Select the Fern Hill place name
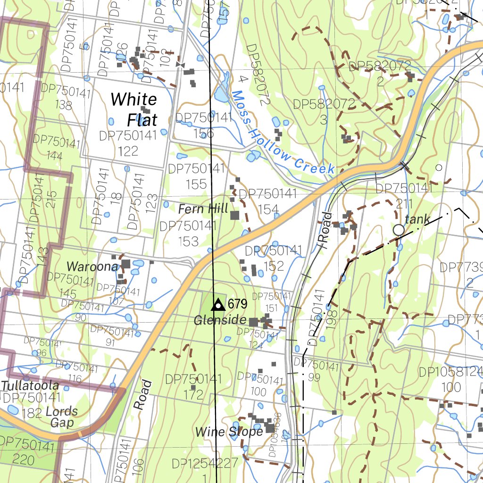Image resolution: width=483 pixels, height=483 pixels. (x=203, y=208)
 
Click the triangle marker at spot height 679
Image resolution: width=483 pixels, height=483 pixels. (x=217, y=305)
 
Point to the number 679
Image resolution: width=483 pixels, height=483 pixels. (x=237, y=304)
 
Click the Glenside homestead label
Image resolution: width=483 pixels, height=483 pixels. (x=220, y=321)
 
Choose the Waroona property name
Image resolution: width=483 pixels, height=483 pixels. (x=92, y=266)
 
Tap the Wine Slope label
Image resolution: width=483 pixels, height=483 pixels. (x=229, y=432)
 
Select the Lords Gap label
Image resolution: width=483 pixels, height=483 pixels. (x=62, y=416)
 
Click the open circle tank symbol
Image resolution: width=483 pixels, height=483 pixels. (x=399, y=230)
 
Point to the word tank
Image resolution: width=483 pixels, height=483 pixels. (x=417, y=219)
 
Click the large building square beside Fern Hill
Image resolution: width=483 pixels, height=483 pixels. (x=235, y=215)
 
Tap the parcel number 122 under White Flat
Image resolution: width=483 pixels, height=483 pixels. (x=128, y=150)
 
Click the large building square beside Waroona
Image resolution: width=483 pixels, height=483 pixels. (x=126, y=264)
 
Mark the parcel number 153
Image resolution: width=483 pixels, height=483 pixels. (x=188, y=241)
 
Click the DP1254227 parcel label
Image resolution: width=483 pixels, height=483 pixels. (x=205, y=463)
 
